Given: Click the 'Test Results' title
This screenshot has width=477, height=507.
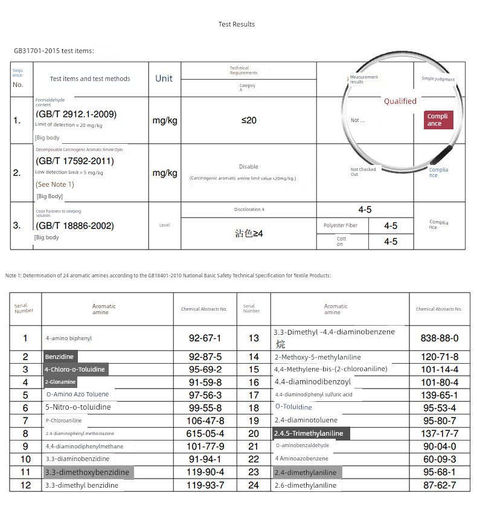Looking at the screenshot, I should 237,24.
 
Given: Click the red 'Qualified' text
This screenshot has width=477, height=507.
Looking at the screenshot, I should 400,102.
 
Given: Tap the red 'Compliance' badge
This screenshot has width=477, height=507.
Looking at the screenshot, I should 438,120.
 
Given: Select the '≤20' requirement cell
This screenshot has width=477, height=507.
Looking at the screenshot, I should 249,120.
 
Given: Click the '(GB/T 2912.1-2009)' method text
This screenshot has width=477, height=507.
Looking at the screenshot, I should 76,114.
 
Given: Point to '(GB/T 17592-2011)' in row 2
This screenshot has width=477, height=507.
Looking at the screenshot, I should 75,161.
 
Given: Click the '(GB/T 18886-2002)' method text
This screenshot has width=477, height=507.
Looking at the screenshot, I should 75,226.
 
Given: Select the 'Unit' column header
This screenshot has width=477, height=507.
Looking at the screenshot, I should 164,79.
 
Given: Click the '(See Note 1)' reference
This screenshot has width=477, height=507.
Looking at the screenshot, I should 55,184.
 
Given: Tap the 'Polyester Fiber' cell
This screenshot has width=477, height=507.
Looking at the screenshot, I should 341,225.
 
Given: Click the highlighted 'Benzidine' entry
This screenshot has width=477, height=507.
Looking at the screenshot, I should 59,357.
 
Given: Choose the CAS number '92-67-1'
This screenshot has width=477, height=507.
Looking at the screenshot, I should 205,338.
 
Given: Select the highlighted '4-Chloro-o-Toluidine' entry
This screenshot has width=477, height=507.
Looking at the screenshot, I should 75,369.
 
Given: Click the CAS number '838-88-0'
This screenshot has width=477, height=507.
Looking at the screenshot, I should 439,338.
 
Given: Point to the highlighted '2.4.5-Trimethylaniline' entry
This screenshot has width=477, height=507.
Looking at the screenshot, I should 309,433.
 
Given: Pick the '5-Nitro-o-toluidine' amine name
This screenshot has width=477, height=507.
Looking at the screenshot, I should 78,407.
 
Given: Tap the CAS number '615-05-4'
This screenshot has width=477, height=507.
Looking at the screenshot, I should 205,433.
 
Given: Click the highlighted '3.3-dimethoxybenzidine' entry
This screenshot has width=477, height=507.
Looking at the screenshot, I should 86,472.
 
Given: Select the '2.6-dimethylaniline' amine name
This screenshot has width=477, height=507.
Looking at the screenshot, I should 306,485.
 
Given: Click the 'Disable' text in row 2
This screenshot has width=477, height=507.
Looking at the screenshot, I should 248,167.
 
